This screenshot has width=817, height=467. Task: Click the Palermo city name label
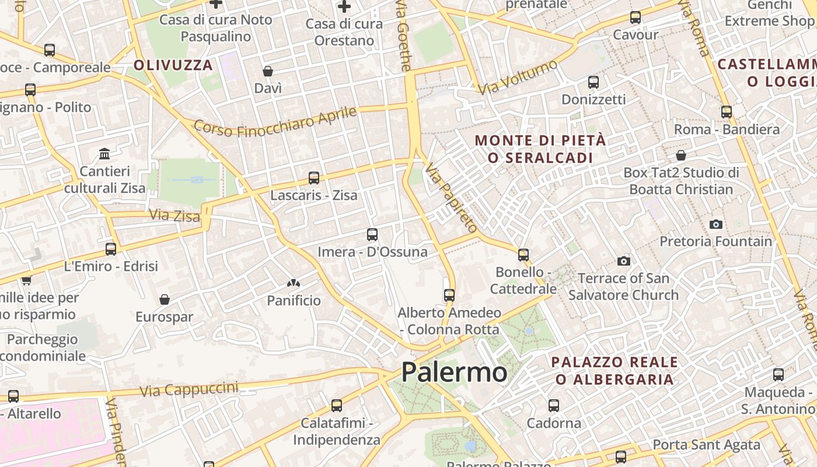click(x=454, y=372)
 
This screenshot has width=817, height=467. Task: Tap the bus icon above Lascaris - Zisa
click(x=314, y=178)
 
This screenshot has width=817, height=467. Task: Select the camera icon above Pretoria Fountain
click(x=716, y=224)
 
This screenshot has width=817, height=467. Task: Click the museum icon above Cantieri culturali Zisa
click(x=105, y=154)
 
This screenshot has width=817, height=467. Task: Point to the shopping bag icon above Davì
click(x=268, y=71)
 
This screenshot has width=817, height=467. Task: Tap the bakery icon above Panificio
click(x=293, y=284)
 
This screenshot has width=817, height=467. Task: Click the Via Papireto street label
click(x=451, y=197)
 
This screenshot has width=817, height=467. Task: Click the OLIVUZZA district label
click(x=173, y=65)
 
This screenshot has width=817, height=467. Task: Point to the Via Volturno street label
click(x=518, y=76)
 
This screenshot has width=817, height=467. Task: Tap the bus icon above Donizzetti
click(x=593, y=82)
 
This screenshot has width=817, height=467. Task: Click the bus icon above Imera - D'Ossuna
click(x=372, y=235)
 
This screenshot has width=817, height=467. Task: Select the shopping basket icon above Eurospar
click(x=165, y=299)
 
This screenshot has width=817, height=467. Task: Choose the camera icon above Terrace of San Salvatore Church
click(x=624, y=261)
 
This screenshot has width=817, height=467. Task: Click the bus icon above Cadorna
click(x=554, y=405)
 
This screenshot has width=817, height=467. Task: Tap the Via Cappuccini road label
click(x=189, y=389)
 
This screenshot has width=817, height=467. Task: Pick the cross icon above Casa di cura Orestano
click(x=344, y=7)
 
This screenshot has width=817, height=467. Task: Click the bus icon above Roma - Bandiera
click(x=727, y=112)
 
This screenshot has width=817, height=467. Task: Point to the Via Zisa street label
click(x=174, y=215)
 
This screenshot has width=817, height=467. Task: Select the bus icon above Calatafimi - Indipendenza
click(x=337, y=406)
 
